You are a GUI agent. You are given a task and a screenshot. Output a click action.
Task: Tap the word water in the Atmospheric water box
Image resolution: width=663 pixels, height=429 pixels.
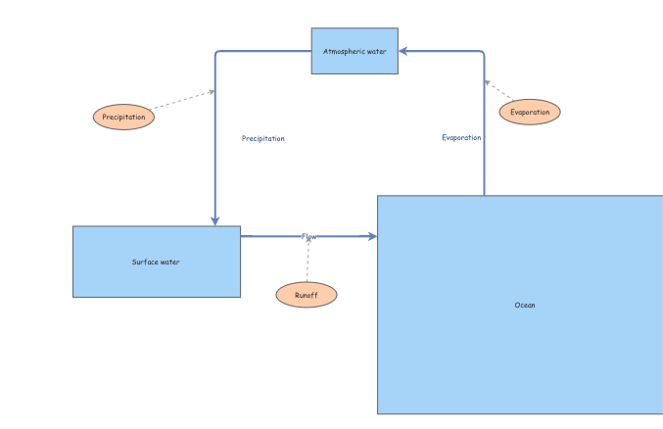377,50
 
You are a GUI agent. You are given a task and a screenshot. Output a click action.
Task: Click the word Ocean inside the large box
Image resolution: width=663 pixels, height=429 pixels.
525,305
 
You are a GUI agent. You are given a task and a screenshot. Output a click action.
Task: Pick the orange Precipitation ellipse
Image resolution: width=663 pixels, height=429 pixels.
123,117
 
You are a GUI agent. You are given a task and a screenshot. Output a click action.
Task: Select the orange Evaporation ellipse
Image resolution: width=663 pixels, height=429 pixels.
530,112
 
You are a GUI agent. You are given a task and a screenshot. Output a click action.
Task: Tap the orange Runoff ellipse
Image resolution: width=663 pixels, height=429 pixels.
307,295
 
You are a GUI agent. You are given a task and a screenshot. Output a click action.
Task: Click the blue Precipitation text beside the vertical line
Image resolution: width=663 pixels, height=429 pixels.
263,138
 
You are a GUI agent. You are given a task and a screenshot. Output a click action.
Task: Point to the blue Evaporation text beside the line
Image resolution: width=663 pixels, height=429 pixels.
461,137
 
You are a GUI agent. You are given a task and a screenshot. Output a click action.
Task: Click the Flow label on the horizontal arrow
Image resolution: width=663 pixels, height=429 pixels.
309,236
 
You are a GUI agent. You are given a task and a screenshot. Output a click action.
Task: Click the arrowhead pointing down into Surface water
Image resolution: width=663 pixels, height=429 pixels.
214,220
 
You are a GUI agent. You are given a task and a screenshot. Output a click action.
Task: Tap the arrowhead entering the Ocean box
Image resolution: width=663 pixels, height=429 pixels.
371,236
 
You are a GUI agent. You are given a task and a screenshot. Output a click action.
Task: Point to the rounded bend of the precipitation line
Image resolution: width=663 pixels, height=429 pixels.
216,53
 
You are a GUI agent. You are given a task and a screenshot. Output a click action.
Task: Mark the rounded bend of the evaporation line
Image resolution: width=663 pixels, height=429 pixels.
483,53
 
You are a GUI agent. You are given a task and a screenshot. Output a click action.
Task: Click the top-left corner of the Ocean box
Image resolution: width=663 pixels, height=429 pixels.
378,196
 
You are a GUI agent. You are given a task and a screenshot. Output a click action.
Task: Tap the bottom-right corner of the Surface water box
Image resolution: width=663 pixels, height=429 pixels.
240,297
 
